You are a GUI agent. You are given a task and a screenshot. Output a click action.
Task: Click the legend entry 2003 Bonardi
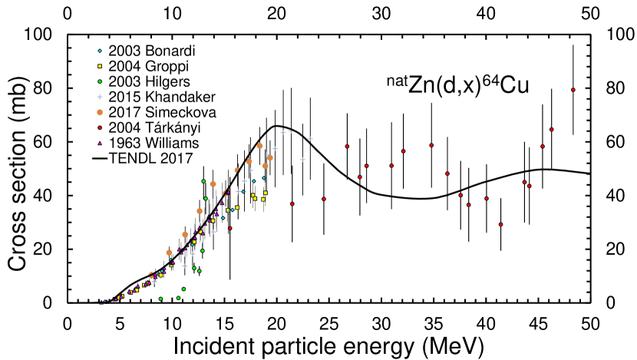pyautogui.click(x=141, y=51)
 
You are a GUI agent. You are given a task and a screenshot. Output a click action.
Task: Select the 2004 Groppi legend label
pyautogui.click(x=138, y=66)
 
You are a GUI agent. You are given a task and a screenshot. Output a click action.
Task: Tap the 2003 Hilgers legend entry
pyautogui.click(x=138, y=81)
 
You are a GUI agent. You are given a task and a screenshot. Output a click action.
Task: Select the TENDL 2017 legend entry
pyautogui.click(x=143, y=158)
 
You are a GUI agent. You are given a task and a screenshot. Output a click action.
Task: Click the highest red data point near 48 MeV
pyautogui.click(x=573, y=90)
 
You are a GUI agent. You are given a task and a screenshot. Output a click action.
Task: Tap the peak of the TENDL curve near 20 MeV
pyautogui.click(x=277, y=126)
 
